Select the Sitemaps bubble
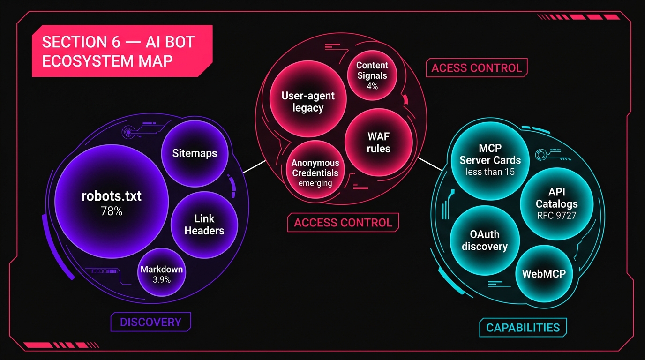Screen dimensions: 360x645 coord(195,153)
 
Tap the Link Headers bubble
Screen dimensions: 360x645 coord(204,225)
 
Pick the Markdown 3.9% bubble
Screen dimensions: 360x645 coord(162,274)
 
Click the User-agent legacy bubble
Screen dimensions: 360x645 coord(308,102)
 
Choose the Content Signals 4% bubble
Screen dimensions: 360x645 coord(372,75)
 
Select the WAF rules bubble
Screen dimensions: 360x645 coord(378,142)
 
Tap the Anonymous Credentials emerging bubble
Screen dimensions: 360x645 coord(315,172)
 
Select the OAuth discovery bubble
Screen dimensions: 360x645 coord(485,240)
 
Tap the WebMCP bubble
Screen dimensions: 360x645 coord(544,273)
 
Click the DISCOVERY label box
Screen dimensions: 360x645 coord(150,322)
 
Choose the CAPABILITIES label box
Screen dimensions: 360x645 coord(523,327)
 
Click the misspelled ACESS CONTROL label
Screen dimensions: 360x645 coord(476,68)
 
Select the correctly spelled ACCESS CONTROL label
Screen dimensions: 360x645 coord(343,222)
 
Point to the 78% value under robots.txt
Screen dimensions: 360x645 coord(112,211)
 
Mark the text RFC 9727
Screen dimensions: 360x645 coord(556,216)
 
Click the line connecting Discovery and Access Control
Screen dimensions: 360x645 coord(254,166)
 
